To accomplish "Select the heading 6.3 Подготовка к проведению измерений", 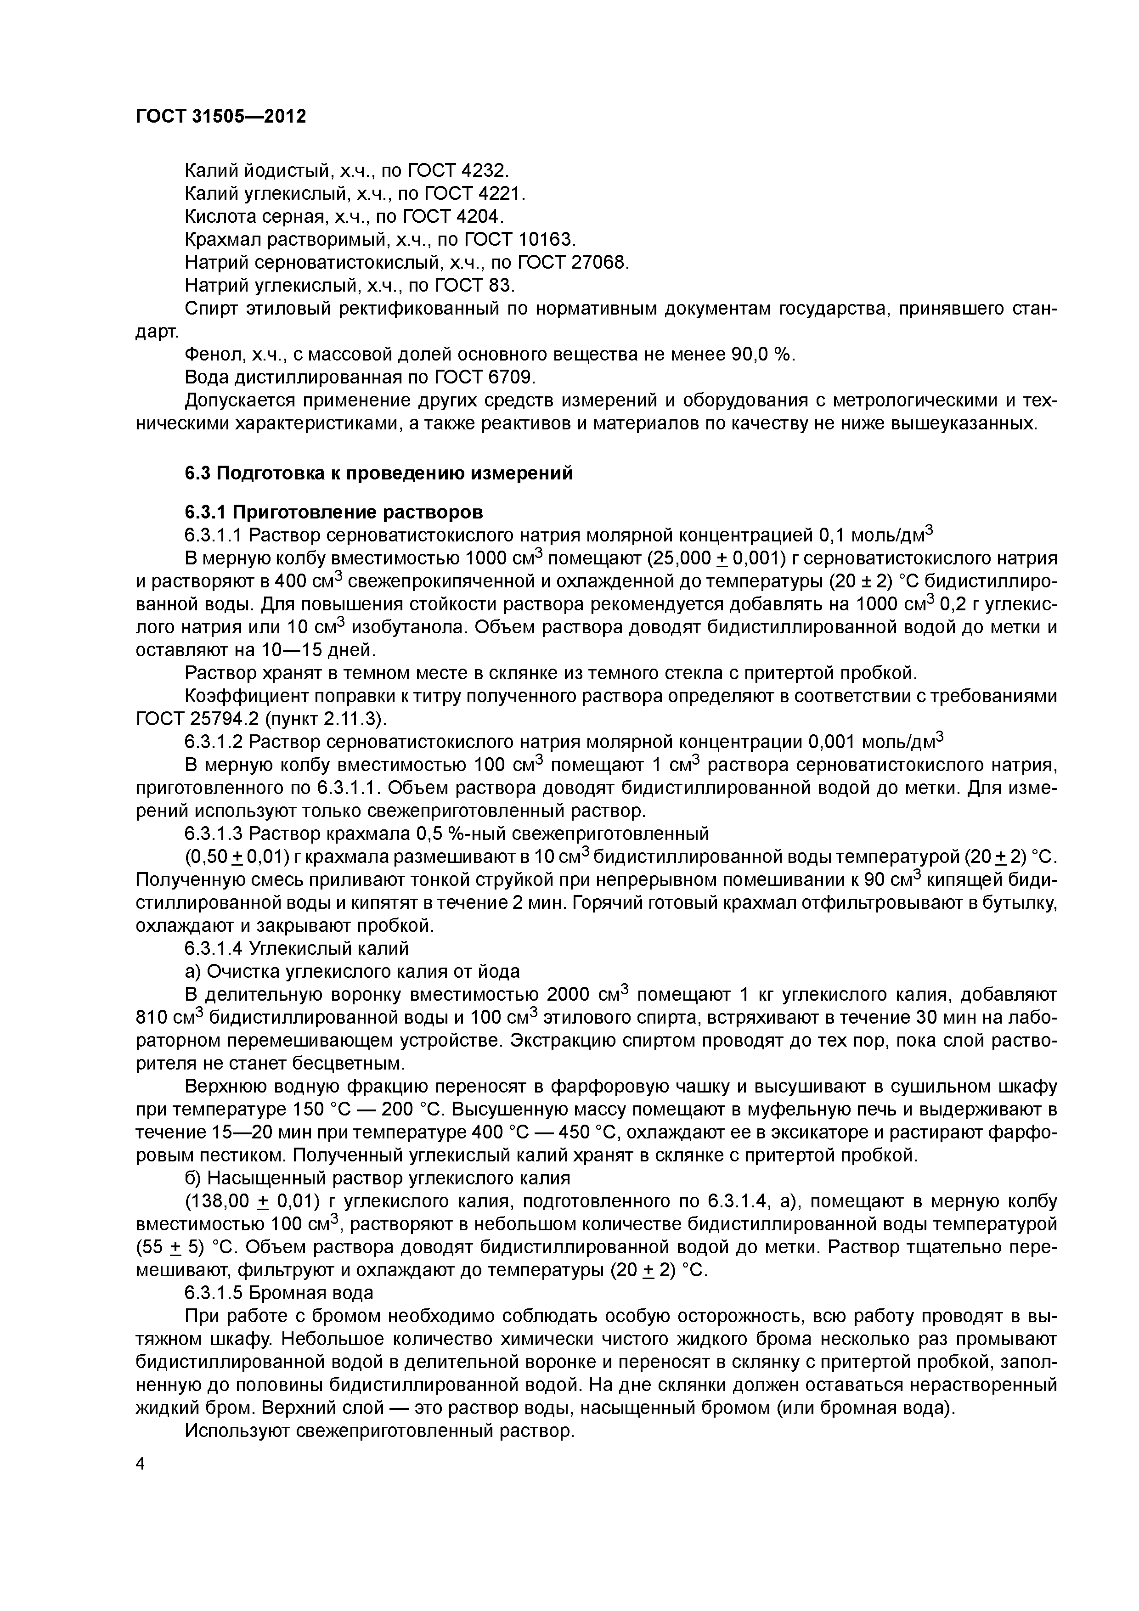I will pyautogui.click(x=378, y=473).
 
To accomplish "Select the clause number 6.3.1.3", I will pyautogui.click(x=214, y=834).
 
